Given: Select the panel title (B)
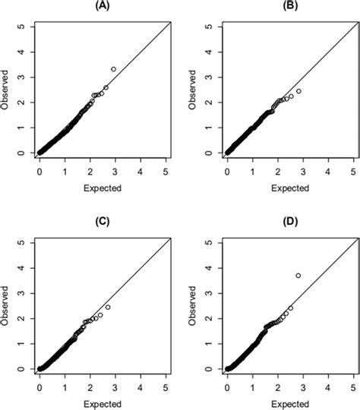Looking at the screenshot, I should click(289, 5).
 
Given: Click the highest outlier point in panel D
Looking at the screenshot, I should click(298, 275).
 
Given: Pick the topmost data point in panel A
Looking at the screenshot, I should click(113, 69).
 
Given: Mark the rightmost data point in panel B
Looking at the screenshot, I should click(298, 91).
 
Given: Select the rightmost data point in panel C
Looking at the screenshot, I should click(108, 307).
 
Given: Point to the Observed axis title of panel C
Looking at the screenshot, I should click(5, 306).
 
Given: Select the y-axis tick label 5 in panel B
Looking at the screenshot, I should click(208, 27).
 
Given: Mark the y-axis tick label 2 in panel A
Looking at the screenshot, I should click(21, 102).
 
